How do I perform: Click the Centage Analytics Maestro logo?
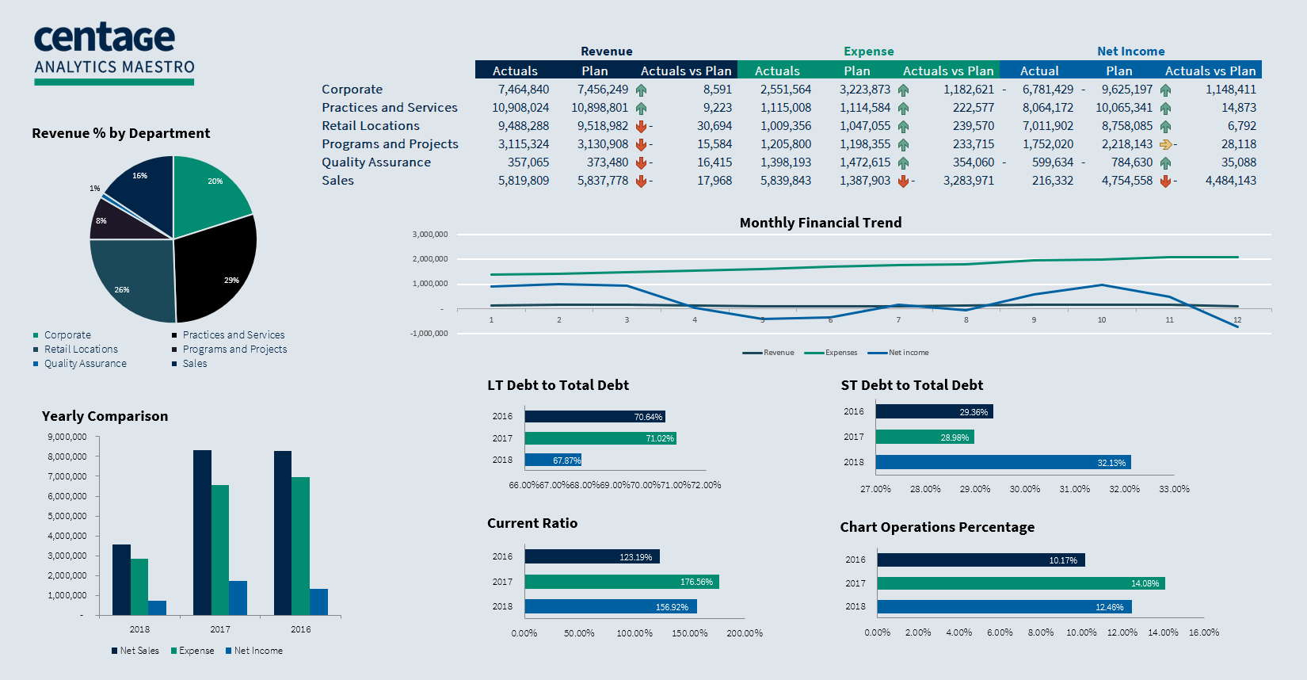click(114, 52)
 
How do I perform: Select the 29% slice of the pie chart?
click(218, 273)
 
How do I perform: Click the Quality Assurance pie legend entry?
click(85, 364)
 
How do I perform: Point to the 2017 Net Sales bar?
click(202, 533)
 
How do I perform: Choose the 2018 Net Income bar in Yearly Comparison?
click(157, 608)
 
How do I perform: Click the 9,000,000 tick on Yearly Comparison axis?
click(67, 437)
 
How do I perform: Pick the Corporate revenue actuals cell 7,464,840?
click(524, 90)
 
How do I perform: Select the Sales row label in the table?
click(337, 181)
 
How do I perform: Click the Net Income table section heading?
click(1130, 52)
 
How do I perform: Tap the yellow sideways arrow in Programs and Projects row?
click(1165, 144)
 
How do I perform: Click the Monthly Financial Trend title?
click(821, 223)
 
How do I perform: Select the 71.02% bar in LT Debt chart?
click(600, 438)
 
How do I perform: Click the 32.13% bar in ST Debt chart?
click(1003, 462)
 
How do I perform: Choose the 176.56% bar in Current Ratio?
click(622, 582)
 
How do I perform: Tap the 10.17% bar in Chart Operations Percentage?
click(981, 560)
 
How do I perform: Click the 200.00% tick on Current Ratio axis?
click(745, 633)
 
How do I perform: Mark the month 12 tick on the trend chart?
click(1237, 320)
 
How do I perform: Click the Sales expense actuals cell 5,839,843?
click(786, 181)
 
